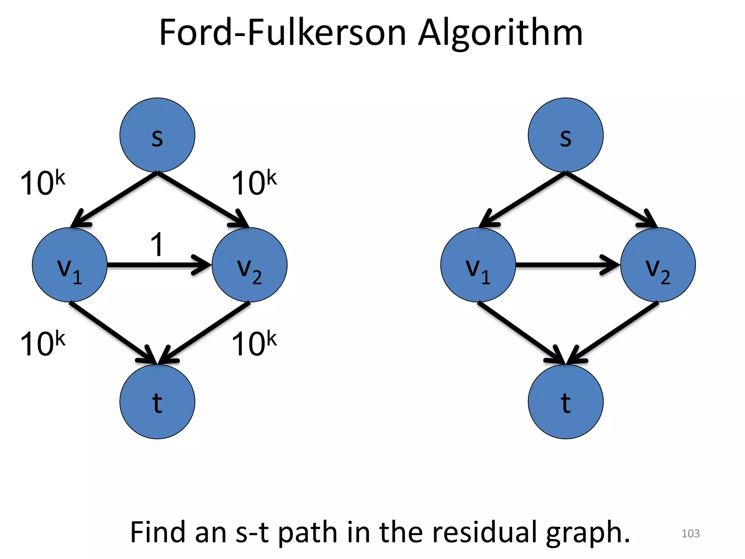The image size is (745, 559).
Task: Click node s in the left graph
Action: (157, 135)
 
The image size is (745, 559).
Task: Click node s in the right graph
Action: (565, 135)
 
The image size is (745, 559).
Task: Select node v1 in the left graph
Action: (69, 265)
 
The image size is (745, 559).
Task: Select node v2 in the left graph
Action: (250, 265)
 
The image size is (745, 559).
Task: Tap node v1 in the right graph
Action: (478, 265)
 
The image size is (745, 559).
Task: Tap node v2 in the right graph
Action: (658, 265)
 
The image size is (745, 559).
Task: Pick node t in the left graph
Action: (157, 402)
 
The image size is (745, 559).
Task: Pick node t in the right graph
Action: (565, 402)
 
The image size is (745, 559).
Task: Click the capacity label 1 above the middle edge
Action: (157, 245)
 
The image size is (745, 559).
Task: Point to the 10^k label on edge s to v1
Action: (42, 183)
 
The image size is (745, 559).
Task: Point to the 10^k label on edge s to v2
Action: (254, 183)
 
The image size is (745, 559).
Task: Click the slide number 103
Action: (690, 534)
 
